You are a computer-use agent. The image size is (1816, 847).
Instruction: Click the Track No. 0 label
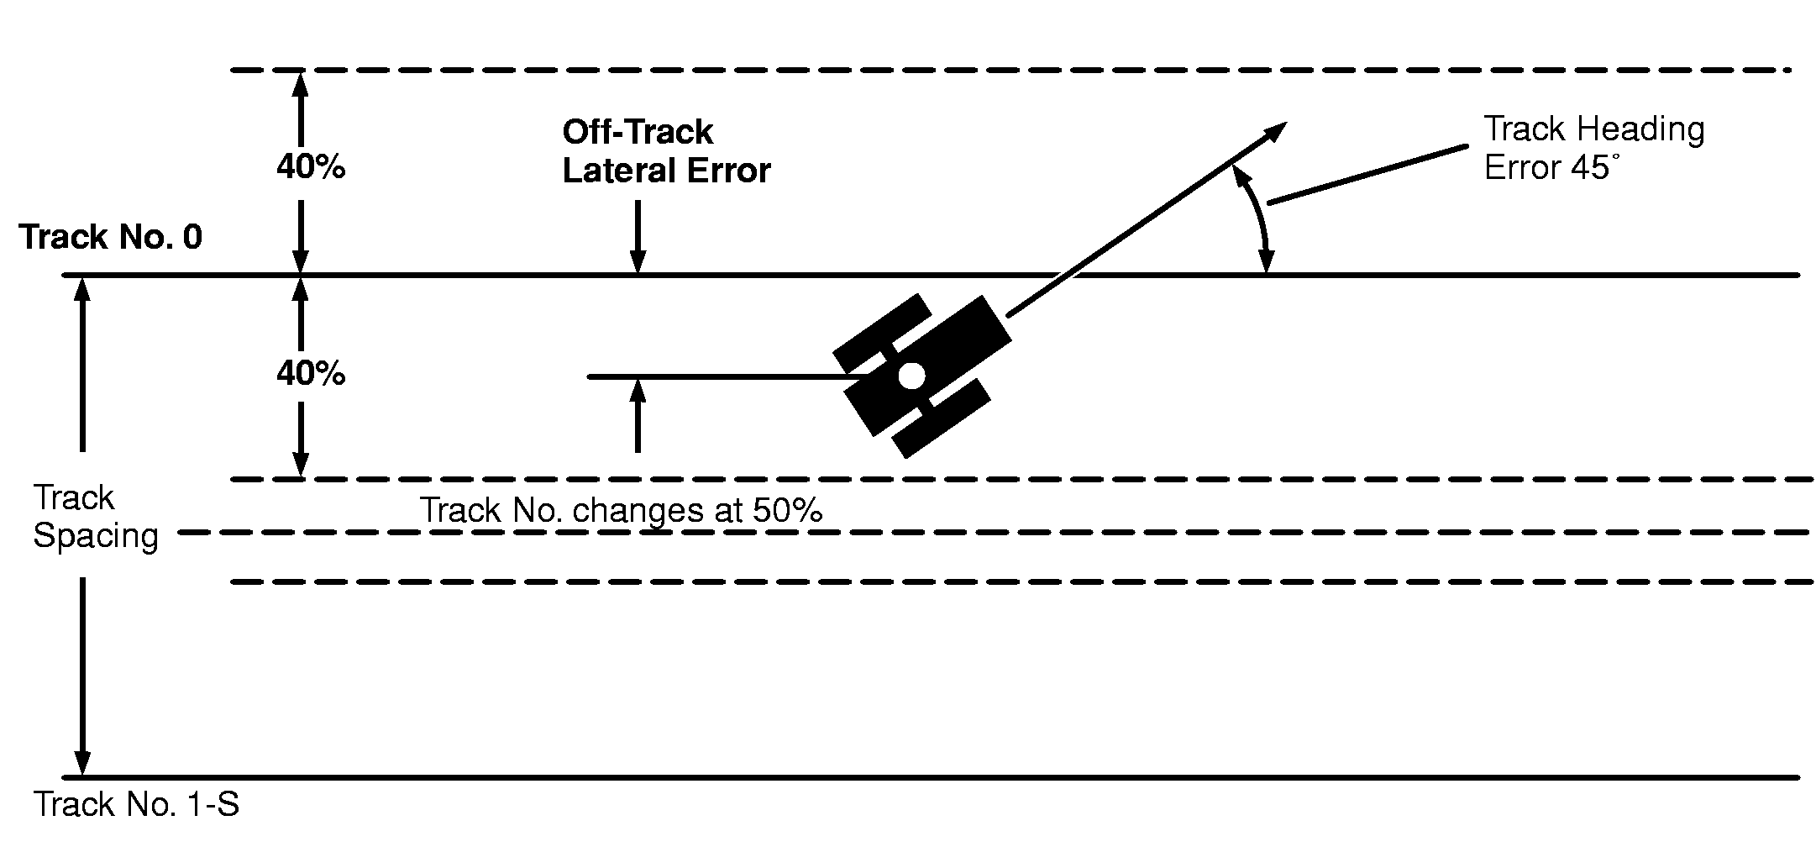click(x=110, y=238)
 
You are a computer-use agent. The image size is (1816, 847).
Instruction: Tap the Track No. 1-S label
click(x=136, y=805)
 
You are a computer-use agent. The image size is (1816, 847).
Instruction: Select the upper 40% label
click(x=311, y=168)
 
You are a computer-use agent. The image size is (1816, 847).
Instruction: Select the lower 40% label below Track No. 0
click(x=311, y=373)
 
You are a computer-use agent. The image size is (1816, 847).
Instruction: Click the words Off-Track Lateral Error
click(x=665, y=151)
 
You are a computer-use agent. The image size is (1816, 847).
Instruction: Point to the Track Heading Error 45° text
click(x=1593, y=149)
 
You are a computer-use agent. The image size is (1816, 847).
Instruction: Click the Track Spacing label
click(x=94, y=517)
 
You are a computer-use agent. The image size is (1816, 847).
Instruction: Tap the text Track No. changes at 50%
click(x=620, y=511)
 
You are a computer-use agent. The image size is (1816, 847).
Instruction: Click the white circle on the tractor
click(x=911, y=376)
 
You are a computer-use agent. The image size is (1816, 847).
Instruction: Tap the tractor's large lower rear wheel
click(x=940, y=418)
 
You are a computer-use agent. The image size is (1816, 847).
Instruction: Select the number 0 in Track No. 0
click(x=192, y=238)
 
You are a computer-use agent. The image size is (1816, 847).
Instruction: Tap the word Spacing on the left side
click(x=96, y=536)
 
